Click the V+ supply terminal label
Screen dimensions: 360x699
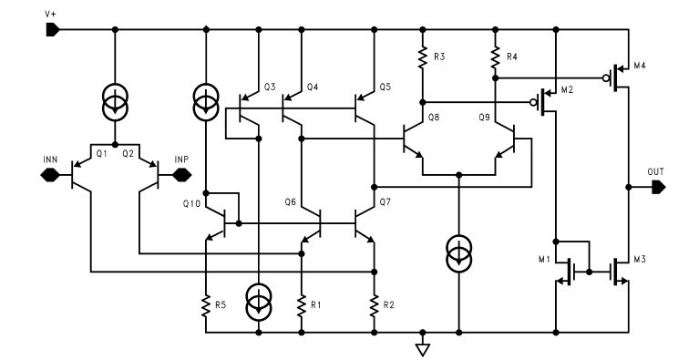tap(50, 14)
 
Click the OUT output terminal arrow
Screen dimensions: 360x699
tap(657, 187)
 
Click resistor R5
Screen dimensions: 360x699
tap(208, 304)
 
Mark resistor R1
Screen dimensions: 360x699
tap(301, 304)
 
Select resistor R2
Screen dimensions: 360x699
tap(374, 304)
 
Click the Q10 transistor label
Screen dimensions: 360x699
tap(190, 203)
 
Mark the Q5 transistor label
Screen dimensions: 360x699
tap(384, 87)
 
